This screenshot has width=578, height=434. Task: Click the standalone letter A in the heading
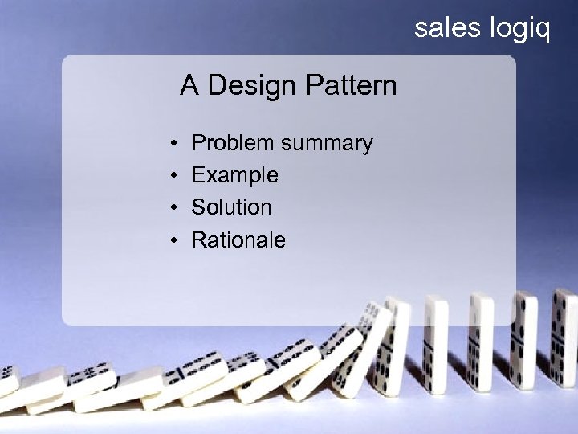tap(189, 85)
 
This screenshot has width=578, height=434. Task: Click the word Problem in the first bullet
tap(233, 143)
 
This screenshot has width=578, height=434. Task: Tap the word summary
tap(327, 145)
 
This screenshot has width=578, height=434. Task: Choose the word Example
tap(235, 176)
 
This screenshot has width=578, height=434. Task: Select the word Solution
tap(231, 207)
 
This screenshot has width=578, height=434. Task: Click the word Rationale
tap(238, 240)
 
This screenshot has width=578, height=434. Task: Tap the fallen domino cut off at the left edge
tap(8, 382)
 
